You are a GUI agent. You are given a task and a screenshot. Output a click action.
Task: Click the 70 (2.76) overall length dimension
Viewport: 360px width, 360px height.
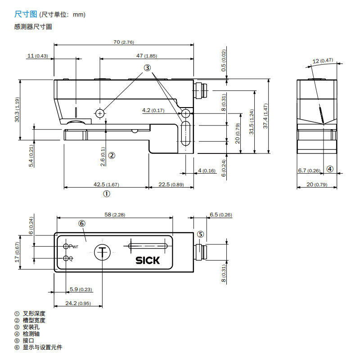click(x=123, y=42)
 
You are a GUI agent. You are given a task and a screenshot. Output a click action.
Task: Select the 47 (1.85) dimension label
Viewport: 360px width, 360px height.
click(x=147, y=56)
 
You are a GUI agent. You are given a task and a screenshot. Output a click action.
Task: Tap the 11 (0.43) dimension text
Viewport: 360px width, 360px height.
click(x=38, y=56)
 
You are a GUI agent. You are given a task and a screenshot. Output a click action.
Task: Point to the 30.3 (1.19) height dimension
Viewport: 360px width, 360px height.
click(x=17, y=109)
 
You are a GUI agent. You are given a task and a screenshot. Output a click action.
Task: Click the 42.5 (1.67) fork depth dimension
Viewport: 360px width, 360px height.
click(x=106, y=184)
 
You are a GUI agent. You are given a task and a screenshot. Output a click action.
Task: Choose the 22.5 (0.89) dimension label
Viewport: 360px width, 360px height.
click(x=171, y=184)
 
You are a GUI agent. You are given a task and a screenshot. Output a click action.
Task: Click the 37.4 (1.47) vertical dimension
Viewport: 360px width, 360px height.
click(x=265, y=116)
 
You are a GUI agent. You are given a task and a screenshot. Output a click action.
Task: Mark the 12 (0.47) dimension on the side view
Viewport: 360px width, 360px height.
click(x=323, y=61)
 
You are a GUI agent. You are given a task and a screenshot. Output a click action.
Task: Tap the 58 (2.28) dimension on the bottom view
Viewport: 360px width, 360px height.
click(x=115, y=215)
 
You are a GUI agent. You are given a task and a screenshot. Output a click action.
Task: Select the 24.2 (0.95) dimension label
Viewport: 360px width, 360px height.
click(x=78, y=303)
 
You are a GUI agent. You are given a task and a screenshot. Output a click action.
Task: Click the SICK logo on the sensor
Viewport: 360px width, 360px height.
click(x=148, y=261)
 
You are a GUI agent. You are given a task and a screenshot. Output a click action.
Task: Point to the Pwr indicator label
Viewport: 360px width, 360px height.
click(x=73, y=247)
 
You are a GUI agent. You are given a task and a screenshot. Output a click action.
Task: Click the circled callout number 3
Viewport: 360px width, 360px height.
click(x=147, y=68)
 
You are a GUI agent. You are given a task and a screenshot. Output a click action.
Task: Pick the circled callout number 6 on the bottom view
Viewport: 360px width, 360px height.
click(x=82, y=223)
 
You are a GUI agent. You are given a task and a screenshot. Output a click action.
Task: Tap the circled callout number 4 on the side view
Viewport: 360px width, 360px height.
click(x=330, y=169)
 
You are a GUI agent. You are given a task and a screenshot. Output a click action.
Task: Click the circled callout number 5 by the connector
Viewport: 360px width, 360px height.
click(x=200, y=234)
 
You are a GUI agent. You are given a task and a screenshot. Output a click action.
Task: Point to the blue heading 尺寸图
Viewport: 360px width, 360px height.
click(x=26, y=14)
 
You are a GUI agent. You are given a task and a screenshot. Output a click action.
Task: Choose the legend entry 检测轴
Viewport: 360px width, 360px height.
click(x=31, y=333)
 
